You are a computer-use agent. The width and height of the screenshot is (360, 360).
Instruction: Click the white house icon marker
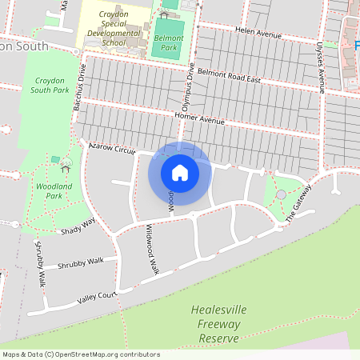pos(179,173)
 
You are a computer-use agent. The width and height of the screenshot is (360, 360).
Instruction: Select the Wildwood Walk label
pos(152,250)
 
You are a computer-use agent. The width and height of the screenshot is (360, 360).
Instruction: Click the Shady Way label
pos(78,227)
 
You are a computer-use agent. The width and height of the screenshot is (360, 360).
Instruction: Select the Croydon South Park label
pos(49,86)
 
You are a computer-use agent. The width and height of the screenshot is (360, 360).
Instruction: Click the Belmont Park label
pos(168,42)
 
